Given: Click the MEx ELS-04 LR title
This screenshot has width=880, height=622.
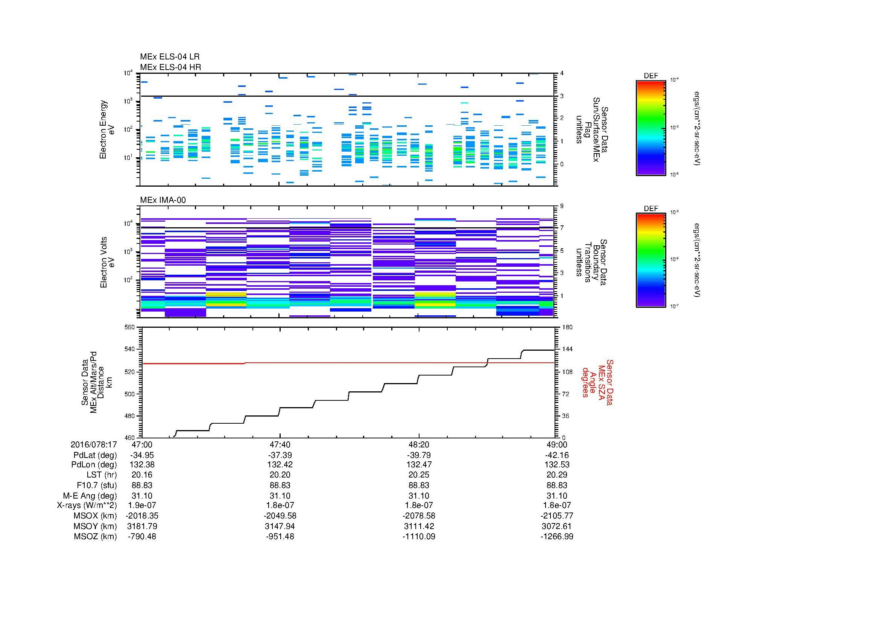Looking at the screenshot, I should point(169,57).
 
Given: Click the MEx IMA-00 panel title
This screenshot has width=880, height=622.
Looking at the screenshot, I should point(163,200).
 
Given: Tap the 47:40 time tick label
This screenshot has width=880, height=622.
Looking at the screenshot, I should point(280,444).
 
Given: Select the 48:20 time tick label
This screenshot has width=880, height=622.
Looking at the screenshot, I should point(419,444).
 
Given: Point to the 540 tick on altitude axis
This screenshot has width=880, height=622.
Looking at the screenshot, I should point(130,350).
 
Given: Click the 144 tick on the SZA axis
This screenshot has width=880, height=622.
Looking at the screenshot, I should point(567,350).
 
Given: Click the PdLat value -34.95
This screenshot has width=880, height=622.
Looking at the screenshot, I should point(142,455).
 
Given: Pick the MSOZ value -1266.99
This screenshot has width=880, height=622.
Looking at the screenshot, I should point(556,537).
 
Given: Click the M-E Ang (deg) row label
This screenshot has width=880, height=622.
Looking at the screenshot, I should point(90,496).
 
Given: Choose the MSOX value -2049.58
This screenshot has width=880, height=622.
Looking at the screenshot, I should point(280,516).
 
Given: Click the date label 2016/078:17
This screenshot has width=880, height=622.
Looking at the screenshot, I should point(94,444).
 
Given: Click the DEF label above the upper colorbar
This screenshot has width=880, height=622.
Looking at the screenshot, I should point(651,76).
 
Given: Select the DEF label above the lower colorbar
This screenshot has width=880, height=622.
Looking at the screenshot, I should point(651,209).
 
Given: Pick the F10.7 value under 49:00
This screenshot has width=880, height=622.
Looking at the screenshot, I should point(556,485).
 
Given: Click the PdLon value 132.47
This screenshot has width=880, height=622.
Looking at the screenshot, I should point(419,465).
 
